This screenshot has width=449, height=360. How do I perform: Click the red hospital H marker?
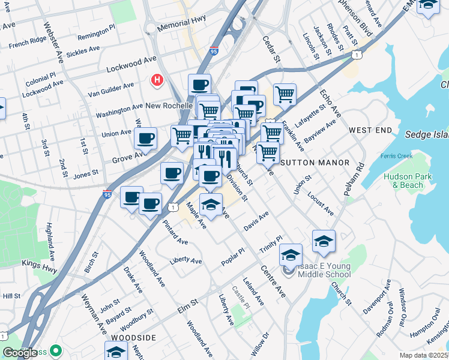(157, 79)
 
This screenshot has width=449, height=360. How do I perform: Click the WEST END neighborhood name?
(370, 130)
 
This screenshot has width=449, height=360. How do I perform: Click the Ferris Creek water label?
(396, 156)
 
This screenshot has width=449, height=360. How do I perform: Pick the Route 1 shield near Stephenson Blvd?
(357, 55)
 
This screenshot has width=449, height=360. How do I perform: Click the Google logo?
(20, 352)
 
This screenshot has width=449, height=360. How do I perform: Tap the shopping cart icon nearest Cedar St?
(285, 94)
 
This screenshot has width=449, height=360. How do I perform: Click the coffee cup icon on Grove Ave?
(145, 139)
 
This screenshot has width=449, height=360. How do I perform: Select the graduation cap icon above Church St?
(324, 241)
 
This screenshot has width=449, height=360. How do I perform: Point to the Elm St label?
(187, 307)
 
